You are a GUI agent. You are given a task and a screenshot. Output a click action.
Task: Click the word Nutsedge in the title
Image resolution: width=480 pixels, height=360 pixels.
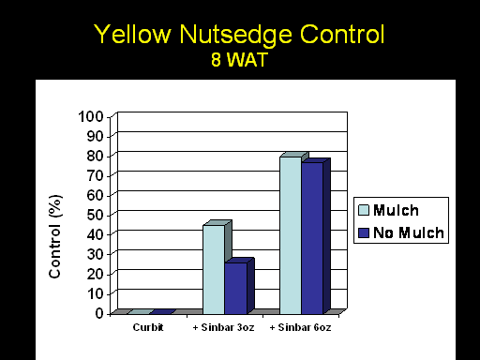pos(236,35)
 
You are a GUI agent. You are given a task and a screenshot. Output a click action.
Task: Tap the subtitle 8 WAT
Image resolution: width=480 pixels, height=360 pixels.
pos(239,59)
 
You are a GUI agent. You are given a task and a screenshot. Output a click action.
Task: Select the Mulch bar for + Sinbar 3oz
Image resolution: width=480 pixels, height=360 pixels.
pos(214,269)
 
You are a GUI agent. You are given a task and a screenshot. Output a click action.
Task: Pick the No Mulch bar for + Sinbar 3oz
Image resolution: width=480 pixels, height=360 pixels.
pos(236,288)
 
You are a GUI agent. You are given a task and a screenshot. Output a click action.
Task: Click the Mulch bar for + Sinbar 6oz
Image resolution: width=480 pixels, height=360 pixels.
pos(291,235)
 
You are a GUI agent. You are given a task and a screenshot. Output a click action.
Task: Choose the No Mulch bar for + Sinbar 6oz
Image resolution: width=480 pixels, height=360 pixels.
pos(312,238)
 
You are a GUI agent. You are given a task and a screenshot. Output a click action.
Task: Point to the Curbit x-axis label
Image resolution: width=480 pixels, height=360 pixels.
pos(148,327)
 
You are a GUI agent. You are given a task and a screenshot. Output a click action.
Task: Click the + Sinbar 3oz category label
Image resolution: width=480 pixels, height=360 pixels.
pos(223,327)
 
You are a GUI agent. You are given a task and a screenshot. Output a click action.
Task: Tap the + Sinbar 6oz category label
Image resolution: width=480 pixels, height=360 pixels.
pos(300,327)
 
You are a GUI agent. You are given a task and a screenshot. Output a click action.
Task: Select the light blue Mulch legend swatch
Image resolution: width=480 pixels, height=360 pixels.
pos(364,210)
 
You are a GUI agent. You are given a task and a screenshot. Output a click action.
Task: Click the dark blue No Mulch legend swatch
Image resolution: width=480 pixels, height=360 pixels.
pos(364,232)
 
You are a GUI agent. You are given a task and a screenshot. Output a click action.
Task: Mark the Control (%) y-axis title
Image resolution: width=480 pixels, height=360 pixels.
pos(55,236)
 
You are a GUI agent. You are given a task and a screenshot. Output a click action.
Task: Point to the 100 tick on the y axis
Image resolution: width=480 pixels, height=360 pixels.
pos(91,117)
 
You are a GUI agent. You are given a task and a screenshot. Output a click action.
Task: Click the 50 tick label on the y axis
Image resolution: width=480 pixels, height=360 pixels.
pos(95,215)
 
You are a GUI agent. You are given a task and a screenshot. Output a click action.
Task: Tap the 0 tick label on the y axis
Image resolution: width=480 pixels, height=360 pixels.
pos(99,313)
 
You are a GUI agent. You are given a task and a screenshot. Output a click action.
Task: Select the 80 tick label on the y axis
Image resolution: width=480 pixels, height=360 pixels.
pos(95,156)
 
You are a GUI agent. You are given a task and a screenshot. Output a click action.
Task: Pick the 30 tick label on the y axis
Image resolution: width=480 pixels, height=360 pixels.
pos(95,254)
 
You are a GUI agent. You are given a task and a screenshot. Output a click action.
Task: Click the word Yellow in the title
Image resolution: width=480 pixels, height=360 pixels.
pos(132,34)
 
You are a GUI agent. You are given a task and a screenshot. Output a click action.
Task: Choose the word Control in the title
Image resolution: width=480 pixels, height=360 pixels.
pos(342,34)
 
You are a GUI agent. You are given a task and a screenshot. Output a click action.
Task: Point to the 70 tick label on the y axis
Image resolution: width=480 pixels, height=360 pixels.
pos(95,175)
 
